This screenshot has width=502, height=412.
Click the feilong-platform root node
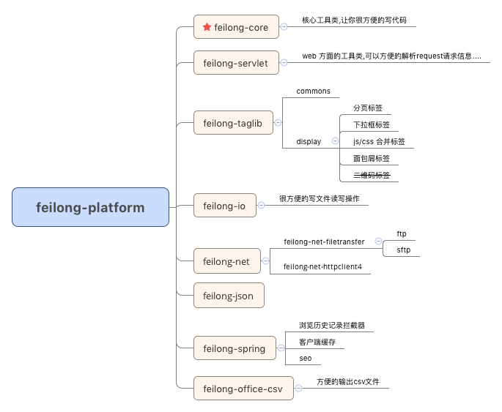(x=90, y=207)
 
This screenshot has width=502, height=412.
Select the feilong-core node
(x=236, y=28)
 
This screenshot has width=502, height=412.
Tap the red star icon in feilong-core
(x=207, y=27)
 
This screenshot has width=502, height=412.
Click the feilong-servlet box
(x=236, y=63)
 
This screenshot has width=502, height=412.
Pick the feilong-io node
(x=224, y=206)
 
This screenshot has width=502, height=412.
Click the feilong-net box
(x=226, y=261)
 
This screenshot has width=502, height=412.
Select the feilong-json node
(x=229, y=296)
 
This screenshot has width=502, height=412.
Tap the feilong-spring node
(x=235, y=348)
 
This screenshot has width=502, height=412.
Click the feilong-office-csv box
(x=243, y=389)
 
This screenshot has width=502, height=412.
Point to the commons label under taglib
(x=313, y=91)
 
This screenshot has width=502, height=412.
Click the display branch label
(x=309, y=141)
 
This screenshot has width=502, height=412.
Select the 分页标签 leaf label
(x=368, y=108)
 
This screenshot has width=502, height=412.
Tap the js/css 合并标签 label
(x=379, y=141)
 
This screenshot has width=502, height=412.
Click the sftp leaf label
(x=404, y=250)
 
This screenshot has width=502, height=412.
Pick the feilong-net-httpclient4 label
(x=322, y=268)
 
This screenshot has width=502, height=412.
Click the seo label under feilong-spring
(x=306, y=358)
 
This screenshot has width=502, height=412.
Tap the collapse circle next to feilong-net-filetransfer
(x=378, y=241)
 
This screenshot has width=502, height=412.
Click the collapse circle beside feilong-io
(x=261, y=206)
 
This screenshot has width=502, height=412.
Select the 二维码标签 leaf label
(x=372, y=175)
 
